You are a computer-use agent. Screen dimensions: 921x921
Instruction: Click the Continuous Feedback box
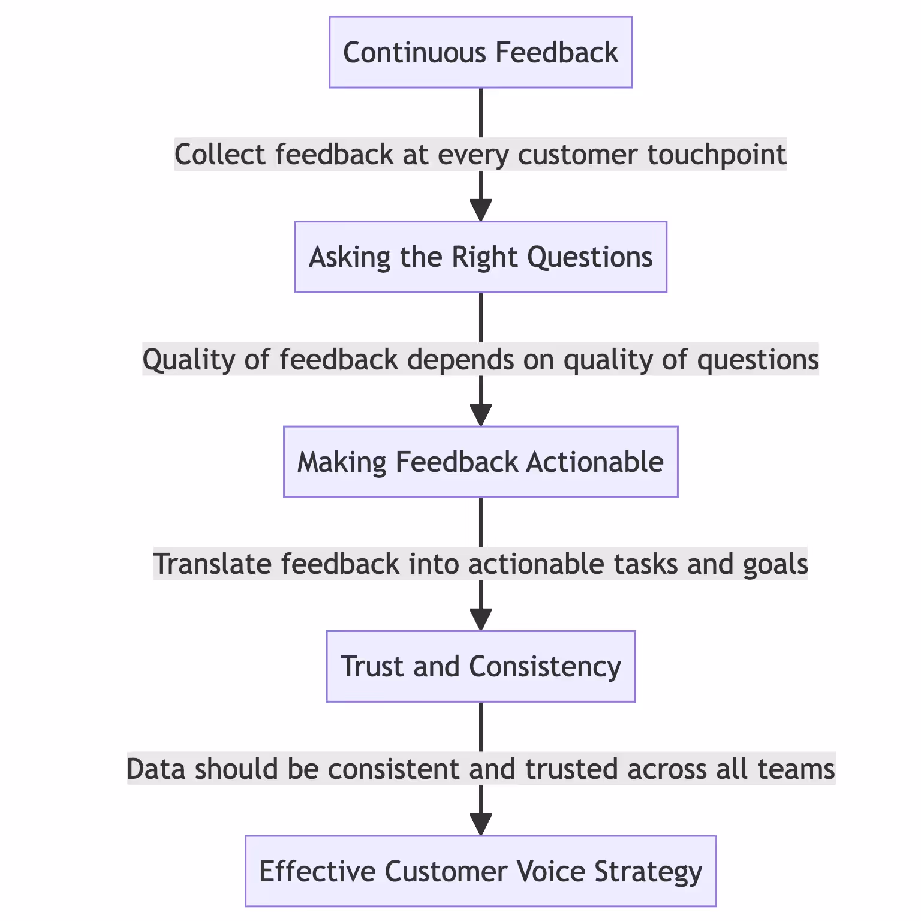[480, 52]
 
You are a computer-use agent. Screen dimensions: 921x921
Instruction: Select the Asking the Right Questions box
[480, 257]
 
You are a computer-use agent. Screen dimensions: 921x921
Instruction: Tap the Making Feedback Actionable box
[480, 462]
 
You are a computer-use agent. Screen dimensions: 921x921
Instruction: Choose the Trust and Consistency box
[480, 666]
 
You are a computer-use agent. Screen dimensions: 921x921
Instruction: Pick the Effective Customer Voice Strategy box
[480, 871]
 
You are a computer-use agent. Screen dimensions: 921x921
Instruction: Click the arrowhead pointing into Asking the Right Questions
[481, 211]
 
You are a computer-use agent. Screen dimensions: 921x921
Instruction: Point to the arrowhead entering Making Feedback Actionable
[481, 416]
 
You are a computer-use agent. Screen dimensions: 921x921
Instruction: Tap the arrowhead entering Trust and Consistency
[481, 620]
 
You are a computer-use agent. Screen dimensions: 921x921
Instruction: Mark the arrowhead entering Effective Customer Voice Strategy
[481, 825]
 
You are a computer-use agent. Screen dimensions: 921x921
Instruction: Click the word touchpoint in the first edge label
[717, 155]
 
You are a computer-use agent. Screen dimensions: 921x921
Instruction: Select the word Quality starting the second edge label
[177, 360]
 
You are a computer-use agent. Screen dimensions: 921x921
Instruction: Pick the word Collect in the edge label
[220, 155]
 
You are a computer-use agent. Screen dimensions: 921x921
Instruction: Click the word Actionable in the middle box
[595, 462]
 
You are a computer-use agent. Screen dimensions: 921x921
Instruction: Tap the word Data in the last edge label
[156, 769]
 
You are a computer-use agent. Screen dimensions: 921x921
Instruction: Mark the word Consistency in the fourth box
[545, 666]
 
